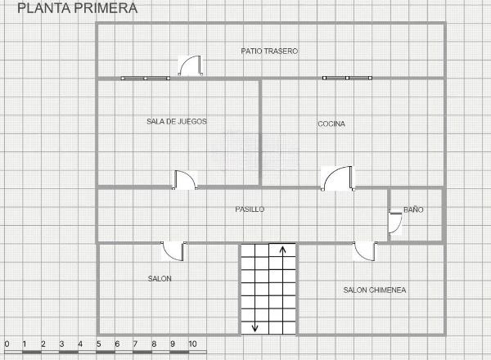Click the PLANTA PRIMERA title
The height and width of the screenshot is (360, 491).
[78, 8]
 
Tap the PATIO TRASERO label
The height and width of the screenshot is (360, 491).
[269, 51]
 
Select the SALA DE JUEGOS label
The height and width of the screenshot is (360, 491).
[177, 121]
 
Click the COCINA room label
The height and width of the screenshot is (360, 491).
[331, 124]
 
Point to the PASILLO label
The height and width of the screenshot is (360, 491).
[250, 209]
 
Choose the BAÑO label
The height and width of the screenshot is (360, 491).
[413, 209]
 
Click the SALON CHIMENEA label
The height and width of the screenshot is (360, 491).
[375, 290]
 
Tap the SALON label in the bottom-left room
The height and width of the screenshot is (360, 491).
[160, 279]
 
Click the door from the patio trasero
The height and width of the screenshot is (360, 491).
[191, 65]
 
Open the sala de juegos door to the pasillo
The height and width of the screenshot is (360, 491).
[185, 180]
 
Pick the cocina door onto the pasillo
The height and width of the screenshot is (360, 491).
[338, 178]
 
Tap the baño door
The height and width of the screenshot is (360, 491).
[395, 223]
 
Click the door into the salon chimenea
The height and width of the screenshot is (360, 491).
[365, 251]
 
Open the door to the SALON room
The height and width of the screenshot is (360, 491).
[173, 251]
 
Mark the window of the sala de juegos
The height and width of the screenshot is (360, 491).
[146, 79]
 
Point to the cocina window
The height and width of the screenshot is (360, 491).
[347, 78]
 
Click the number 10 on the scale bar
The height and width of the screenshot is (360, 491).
[192, 344]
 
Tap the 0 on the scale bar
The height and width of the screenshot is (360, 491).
[7, 344]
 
